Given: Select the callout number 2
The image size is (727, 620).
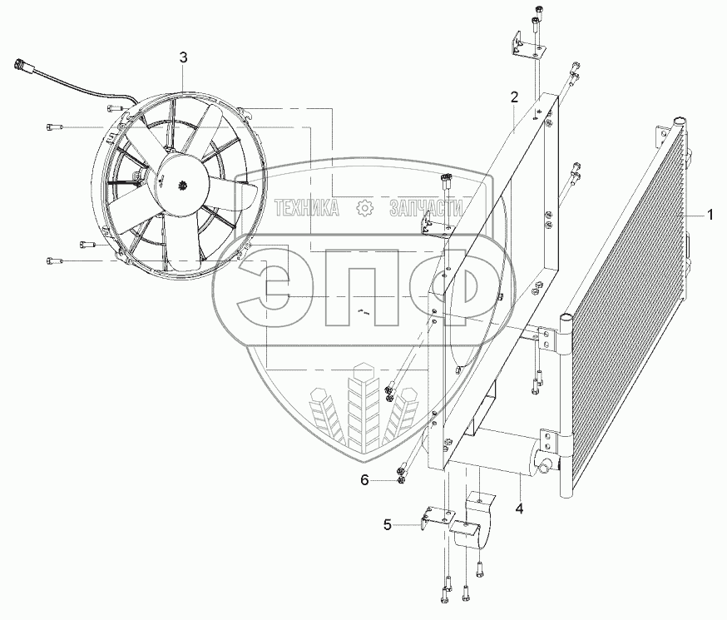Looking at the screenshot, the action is (x=515, y=97).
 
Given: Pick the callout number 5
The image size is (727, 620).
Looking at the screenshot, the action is (x=388, y=524).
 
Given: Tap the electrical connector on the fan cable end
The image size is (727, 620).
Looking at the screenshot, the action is (x=23, y=66).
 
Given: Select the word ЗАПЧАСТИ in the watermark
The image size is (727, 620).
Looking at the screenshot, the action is (x=425, y=208).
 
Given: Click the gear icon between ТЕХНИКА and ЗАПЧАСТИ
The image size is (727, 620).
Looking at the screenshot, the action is (x=363, y=208).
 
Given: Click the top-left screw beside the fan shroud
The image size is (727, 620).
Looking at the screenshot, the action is (x=54, y=127).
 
